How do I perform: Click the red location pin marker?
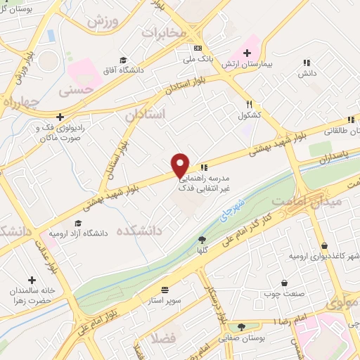pos(181,165)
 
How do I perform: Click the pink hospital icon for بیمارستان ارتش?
pos(247,53)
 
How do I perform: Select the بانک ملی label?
pos(198,59)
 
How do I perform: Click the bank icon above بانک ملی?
pos(198,48)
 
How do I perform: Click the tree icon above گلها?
pos(202,239)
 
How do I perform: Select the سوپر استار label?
pos(166,300)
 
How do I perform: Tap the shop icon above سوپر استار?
pos(165,289)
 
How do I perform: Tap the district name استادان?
pos(143,114)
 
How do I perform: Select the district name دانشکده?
pos(139,230)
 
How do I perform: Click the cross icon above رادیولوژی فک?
pos(60,117)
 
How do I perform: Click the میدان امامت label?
pos(335,201)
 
